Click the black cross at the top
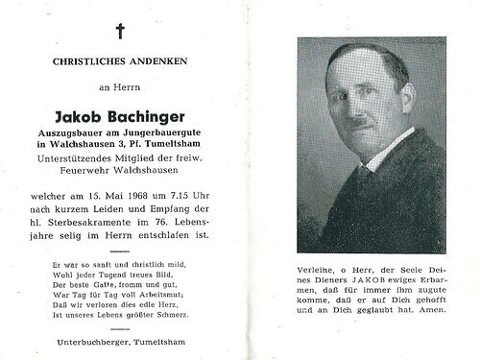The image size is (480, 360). pos(120,31)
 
